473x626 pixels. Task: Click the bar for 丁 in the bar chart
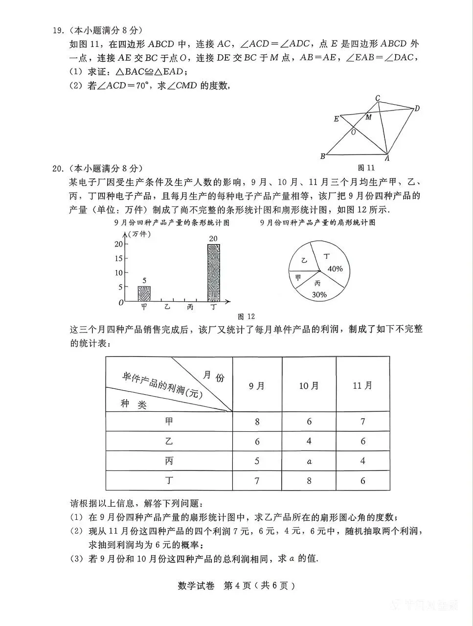point(213,273)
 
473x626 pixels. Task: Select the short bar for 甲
point(144,293)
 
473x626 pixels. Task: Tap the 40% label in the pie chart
point(335,268)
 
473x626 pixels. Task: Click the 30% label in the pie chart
point(319,294)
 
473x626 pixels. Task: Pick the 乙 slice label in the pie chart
point(304,260)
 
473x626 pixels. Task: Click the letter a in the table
point(309,461)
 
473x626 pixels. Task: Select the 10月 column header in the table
point(309,386)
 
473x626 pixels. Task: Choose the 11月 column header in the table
point(362,386)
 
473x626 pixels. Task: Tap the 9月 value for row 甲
point(257,422)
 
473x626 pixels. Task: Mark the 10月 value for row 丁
point(309,481)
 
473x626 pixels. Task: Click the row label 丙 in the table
point(169,461)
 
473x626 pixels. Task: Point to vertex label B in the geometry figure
point(323,156)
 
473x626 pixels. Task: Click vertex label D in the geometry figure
point(417,109)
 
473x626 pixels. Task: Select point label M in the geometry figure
point(368,117)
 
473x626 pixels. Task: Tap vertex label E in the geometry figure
point(336,119)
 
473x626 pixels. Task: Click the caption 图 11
point(366,168)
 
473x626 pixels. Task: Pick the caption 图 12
point(246,316)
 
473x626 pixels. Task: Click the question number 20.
point(58,169)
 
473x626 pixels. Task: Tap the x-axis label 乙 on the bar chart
point(167,307)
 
